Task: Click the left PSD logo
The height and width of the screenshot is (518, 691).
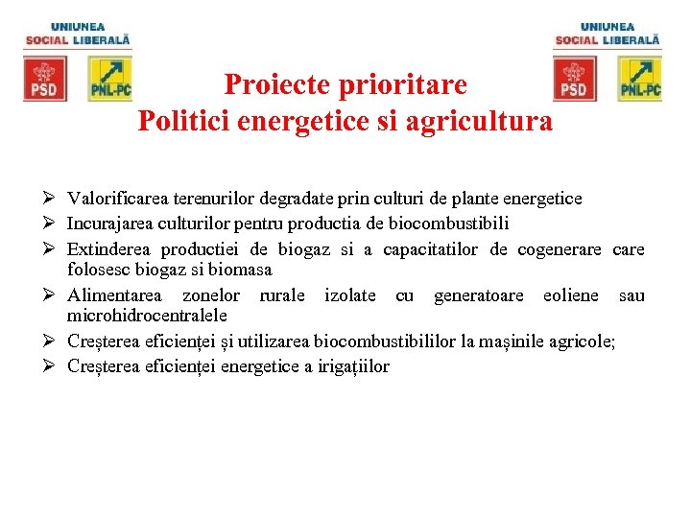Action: coord(45,79)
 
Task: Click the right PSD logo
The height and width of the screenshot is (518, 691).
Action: coord(574,79)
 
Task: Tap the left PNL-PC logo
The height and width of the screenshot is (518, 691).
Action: coord(109,79)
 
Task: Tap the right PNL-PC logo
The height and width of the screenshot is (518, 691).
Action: coord(639,79)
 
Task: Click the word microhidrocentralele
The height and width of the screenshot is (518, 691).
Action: coord(147,315)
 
